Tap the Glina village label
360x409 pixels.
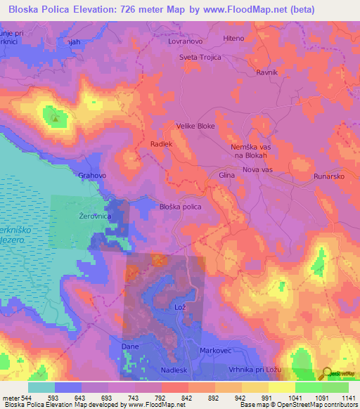pos(226,175)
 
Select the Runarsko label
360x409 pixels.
pos(328,176)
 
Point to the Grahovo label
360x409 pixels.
pos(92,176)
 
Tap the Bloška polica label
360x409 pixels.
pos(181,207)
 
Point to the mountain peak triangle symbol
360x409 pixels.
pos(55,117)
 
